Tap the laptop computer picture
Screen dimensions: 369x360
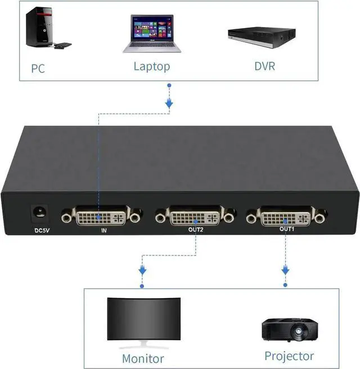click(x=151, y=34)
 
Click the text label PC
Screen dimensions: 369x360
click(x=37, y=69)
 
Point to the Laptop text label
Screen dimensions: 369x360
click(x=151, y=67)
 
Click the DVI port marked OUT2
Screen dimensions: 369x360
click(x=195, y=216)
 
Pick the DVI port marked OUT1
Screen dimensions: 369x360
click(x=285, y=217)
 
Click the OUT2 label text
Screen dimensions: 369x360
click(x=195, y=230)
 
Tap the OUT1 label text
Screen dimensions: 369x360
click(x=286, y=230)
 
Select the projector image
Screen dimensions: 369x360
click(x=289, y=330)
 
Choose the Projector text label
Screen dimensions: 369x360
click(x=289, y=356)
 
